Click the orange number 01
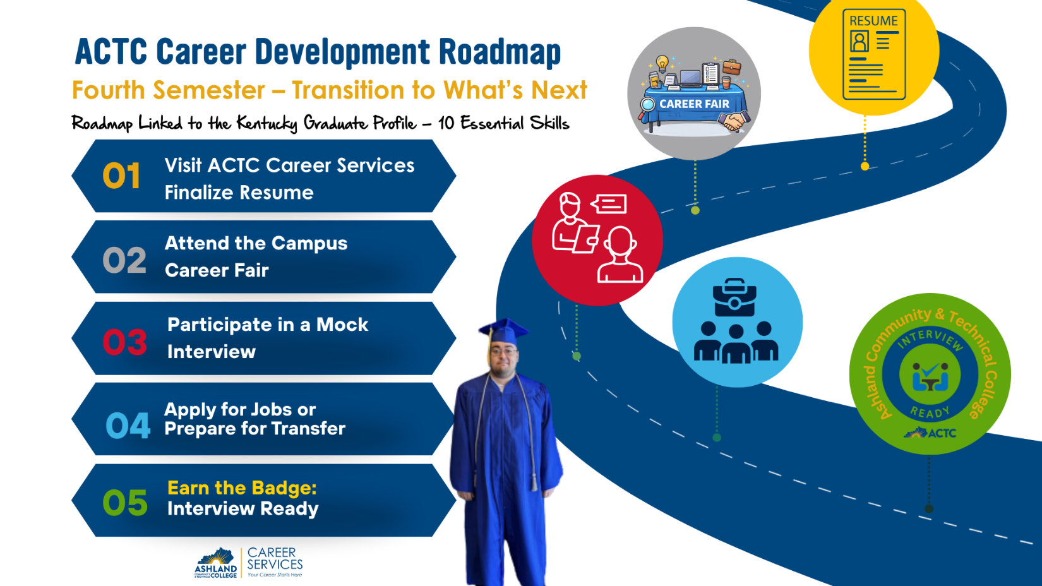coord(121,176)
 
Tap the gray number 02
coord(124,260)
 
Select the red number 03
coord(124,342)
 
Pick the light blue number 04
coord(128,425)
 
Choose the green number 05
coord(125,503)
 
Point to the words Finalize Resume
coord(239,193)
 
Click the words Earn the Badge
coord(242,488)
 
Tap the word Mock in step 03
coord(342,325)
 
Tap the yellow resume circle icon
coord(874,54)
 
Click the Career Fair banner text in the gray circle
coord(694,104)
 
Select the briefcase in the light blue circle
coord(734,298)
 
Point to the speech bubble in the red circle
coord(609,204)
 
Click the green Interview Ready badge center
coord(930,374)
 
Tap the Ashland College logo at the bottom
coord(216,563)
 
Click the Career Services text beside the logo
coord(275,559)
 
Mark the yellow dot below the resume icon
coord(865,166)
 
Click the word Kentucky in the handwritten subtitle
coord(266,123)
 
